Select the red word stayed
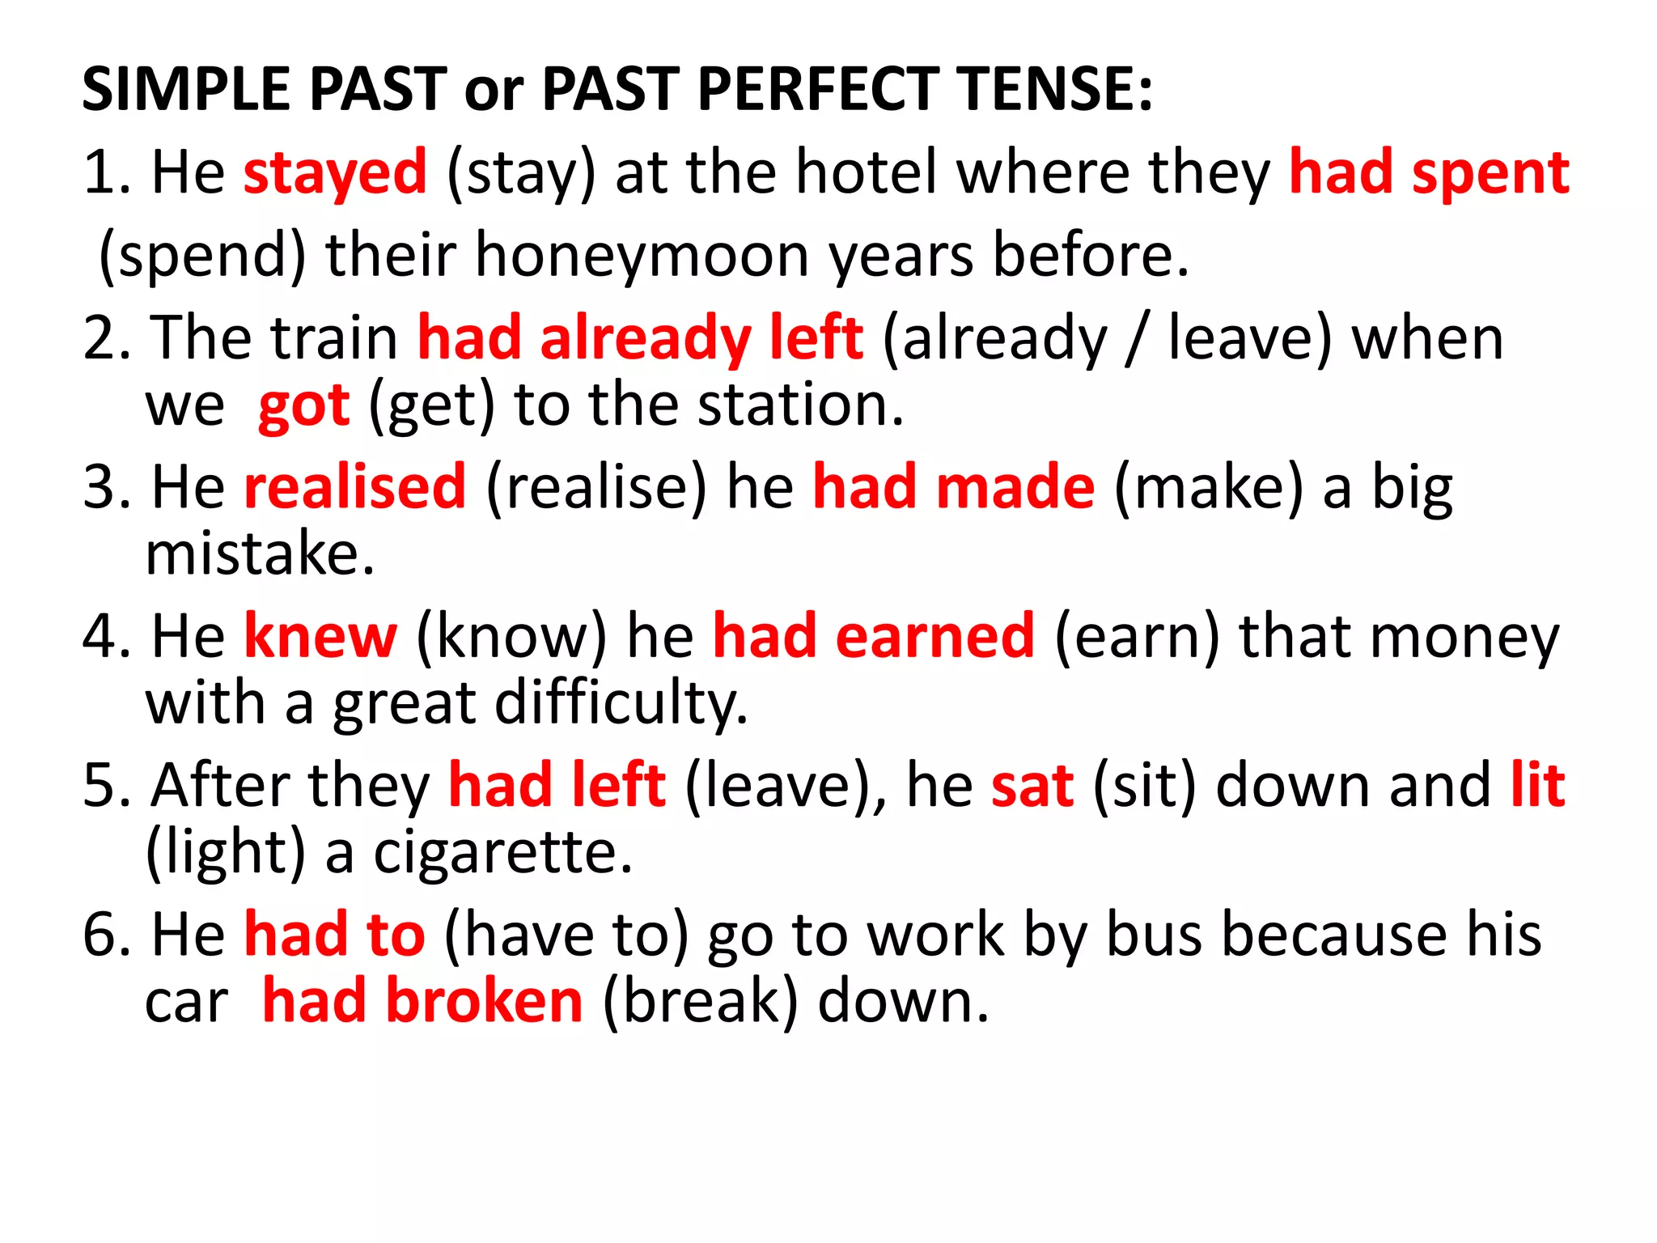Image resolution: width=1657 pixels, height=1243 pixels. [x=335, y=173]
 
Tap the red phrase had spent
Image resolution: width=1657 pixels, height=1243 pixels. [x=1429, y=173]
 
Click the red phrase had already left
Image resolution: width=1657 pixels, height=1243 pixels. [x=640, y=338]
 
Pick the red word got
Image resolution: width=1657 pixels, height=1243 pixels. [x=303, y=405]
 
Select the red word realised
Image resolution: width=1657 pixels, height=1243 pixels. [x=355, y=488]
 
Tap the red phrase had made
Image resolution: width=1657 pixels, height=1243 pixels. [x=954, y=488]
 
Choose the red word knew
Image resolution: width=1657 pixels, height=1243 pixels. [x=320, y=637]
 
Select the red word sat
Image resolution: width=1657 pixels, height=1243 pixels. [x=1032, y=786]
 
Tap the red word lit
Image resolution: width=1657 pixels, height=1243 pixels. [x=1537, y=786]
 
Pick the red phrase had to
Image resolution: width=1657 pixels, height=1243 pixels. [x=334, y=935]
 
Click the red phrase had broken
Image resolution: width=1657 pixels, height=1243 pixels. [x=422, y=1002]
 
